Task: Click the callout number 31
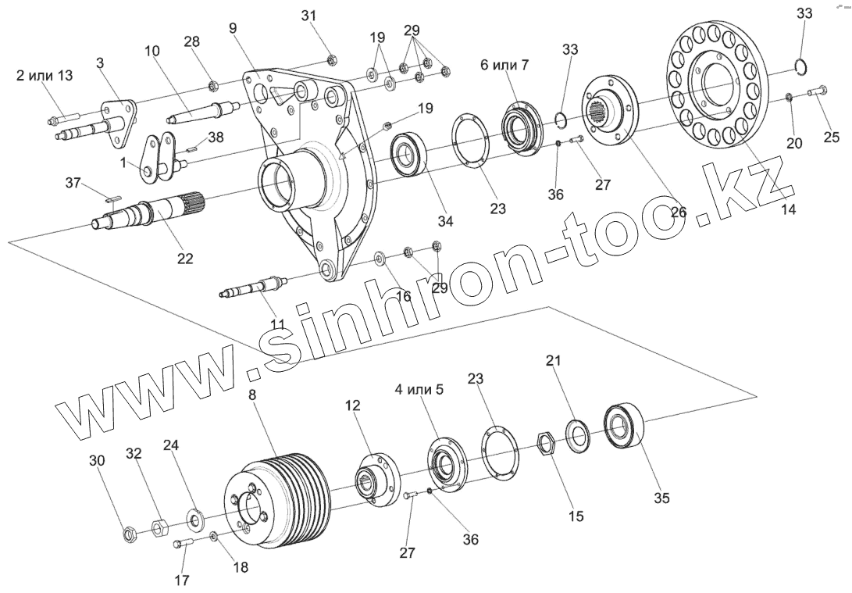pos(310,16)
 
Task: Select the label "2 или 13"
pos(44,75)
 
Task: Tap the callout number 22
pos(186,259)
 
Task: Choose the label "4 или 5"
pos(418,389)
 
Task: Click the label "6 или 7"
pos(504,65)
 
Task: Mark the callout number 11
pos(277,324)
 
